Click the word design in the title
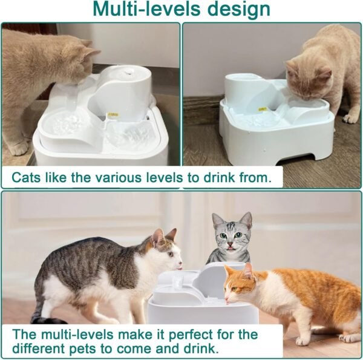coord(238,10)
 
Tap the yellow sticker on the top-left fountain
coord(112,114)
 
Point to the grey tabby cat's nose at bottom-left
coord(180,264)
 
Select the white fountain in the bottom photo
coord(200,299)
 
